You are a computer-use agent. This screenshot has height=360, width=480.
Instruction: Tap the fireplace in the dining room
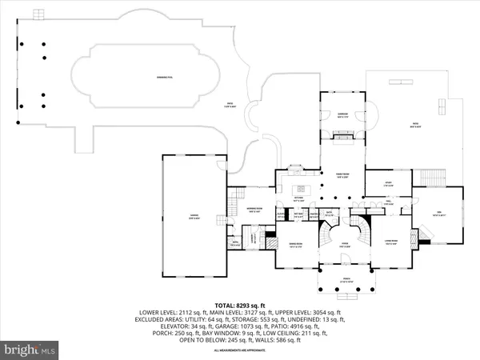click(270, 239)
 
